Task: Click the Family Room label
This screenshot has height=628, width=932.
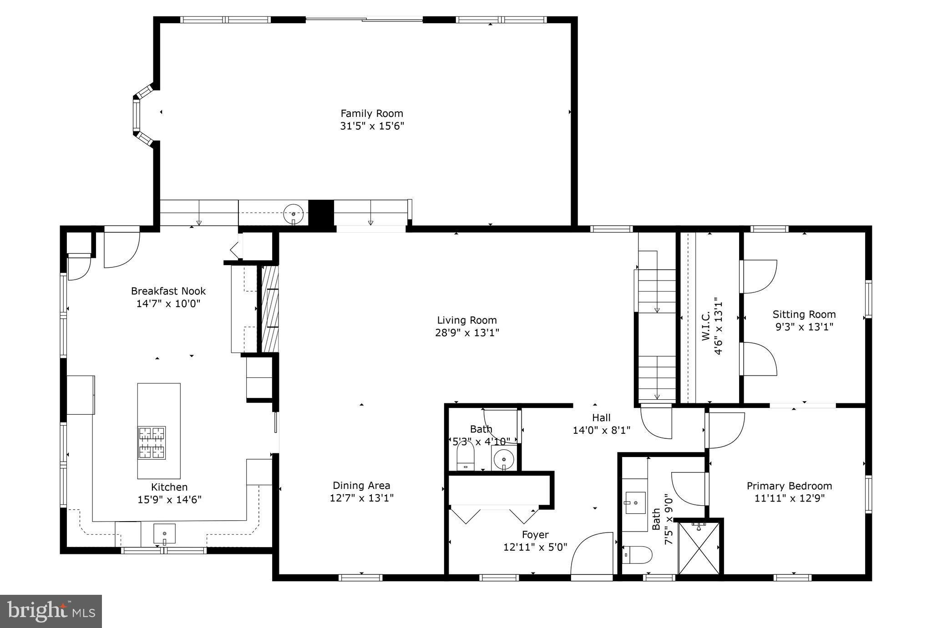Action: [372, 113]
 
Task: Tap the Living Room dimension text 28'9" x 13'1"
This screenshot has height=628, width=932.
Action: [467, 332]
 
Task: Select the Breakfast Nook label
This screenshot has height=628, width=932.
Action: [168, 291]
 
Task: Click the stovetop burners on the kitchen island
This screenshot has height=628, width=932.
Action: [152, 442]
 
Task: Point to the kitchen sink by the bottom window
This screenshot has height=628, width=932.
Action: [164, 533]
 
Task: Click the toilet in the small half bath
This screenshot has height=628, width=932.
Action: [465, 457]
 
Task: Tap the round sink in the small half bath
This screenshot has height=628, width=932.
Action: [503, 459]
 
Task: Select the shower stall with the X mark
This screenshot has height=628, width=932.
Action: [699, 548]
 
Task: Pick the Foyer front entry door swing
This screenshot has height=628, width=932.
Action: [592, 554]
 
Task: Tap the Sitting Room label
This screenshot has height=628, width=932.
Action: [804, 314]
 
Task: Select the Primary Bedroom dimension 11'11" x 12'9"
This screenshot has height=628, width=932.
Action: [789, 498]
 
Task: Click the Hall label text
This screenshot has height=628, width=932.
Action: [601, 417]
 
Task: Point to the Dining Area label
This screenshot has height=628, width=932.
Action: [361, 486]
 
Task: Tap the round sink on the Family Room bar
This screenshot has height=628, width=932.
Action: [294, 213]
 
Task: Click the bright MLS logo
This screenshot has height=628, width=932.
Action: [51, 611]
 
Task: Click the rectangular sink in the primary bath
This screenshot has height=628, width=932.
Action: [635, 502]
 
